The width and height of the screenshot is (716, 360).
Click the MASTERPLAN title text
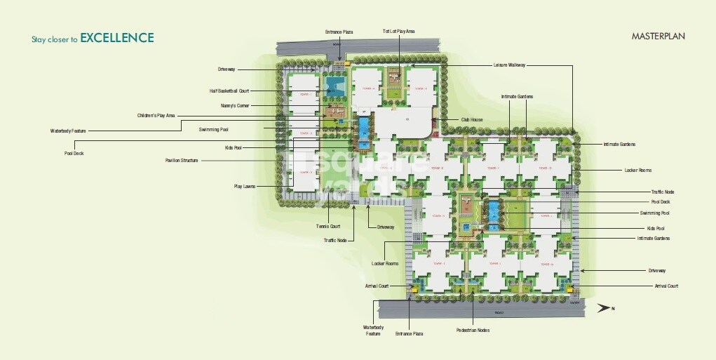[657, 36]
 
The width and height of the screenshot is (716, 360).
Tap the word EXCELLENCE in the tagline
[116, 38]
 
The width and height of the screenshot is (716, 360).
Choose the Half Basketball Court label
[229, 91]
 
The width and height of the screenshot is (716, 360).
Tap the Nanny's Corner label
[235, 105]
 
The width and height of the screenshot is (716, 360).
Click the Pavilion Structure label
[181, 161]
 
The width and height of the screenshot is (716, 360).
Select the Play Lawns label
[244, 186]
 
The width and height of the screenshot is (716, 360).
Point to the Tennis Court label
[327, 226]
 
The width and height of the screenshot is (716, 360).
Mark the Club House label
[471, 120]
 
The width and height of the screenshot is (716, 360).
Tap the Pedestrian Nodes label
[473, 330]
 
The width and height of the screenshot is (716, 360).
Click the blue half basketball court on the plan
[334, 87]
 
